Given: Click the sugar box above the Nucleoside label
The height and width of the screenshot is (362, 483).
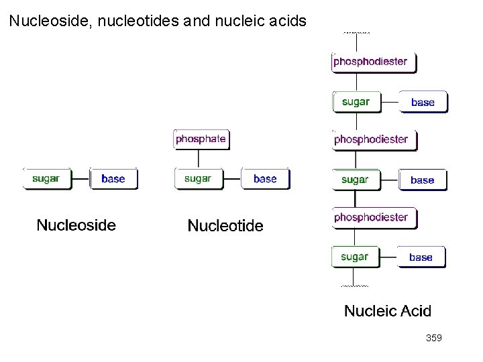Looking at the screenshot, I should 46,179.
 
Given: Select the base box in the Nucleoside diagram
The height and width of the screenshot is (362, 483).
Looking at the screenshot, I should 113,179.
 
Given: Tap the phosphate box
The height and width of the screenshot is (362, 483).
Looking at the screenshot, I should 201,139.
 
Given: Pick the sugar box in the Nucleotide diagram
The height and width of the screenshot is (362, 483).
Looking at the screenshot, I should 198,179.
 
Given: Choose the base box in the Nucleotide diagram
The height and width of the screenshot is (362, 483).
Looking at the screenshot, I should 265,179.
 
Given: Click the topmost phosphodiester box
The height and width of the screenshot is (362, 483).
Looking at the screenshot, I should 374,62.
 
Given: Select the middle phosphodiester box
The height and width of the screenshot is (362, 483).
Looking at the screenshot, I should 374,139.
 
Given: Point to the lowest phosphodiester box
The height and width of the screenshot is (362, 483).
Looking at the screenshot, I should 374,217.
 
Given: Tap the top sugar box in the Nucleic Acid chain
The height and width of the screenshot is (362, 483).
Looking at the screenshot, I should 356,102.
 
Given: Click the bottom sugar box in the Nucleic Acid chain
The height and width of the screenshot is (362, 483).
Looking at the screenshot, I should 354,257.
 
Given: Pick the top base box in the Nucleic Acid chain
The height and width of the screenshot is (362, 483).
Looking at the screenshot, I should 423,103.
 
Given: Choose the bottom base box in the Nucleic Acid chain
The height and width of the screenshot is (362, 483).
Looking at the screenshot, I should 421,257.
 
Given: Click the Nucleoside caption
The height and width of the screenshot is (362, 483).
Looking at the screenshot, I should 76,225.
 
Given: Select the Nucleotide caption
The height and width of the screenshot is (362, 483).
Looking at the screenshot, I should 225,226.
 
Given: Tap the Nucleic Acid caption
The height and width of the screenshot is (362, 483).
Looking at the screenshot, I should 388,311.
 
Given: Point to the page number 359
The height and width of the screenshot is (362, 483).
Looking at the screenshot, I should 433,339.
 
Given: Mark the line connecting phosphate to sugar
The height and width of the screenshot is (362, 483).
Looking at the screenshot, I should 198,158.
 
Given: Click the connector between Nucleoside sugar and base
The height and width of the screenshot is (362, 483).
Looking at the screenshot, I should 80,179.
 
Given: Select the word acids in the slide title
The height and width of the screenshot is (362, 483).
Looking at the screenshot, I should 285,21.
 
